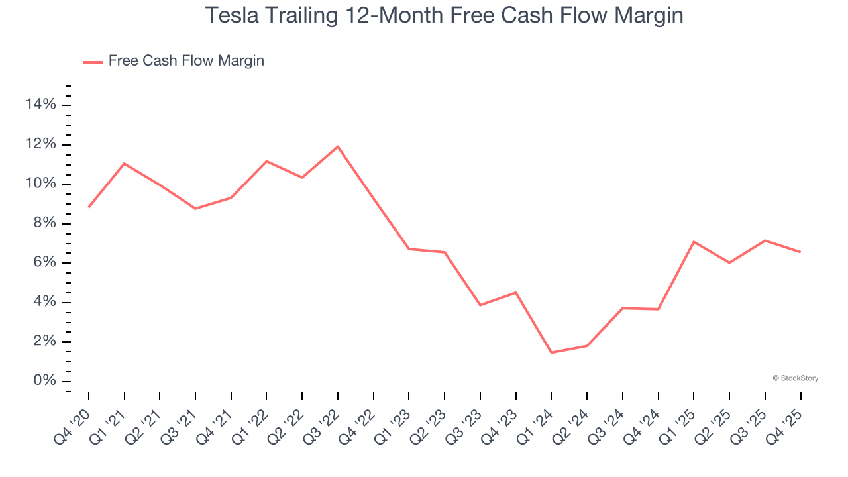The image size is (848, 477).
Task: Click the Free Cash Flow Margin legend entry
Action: (186, 61)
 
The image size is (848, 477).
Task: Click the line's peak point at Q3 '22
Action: (338, 146)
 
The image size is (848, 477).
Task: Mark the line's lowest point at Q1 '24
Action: (551, 352)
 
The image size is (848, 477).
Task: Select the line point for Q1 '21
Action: (125, 164)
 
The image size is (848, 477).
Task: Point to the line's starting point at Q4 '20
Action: (89, 207)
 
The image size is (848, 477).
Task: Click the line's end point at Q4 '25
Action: (800, 252)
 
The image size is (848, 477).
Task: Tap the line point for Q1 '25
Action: (694, 242)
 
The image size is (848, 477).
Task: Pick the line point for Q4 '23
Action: (515, 293)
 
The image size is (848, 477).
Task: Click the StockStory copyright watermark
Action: (795, 378)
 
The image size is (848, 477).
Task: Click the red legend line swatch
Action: (93, 62)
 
